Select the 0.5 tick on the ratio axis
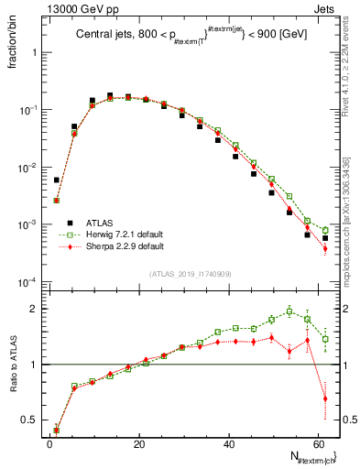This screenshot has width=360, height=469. [x=30, y=420]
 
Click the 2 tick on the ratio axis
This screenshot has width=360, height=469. [x=35, y=309]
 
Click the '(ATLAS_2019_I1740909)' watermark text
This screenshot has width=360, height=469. [x=190, y=274]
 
